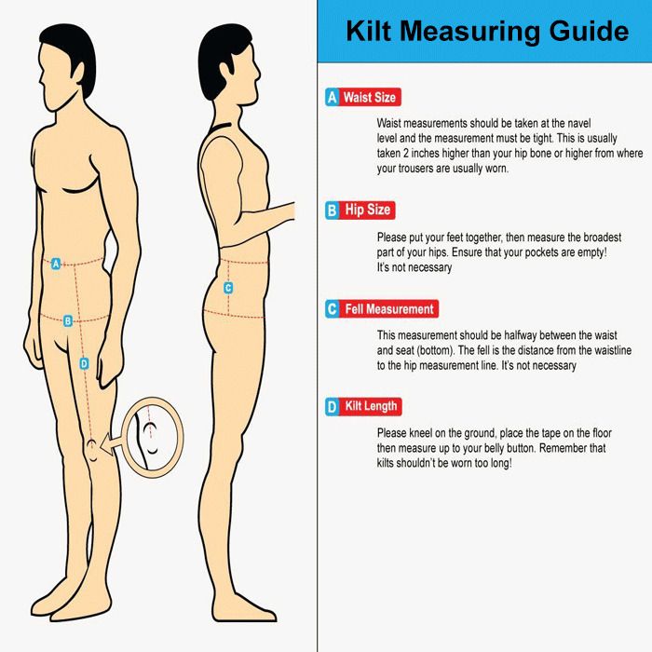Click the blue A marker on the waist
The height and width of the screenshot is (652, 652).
[56, 264]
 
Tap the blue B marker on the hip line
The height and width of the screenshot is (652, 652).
[68, 321]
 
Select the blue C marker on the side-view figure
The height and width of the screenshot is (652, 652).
[228, 288]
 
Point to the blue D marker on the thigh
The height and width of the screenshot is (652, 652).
[84, 364]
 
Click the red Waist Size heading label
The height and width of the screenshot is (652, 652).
[370, 97]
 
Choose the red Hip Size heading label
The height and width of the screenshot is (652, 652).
[367, 210]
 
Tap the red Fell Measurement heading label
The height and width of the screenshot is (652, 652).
[389, 309]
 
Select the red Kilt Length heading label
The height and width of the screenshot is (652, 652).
[371, 406]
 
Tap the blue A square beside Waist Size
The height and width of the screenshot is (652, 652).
[333, 97]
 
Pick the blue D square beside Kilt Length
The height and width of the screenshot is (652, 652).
[333, 406]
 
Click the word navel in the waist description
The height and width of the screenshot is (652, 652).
[578, 124]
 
